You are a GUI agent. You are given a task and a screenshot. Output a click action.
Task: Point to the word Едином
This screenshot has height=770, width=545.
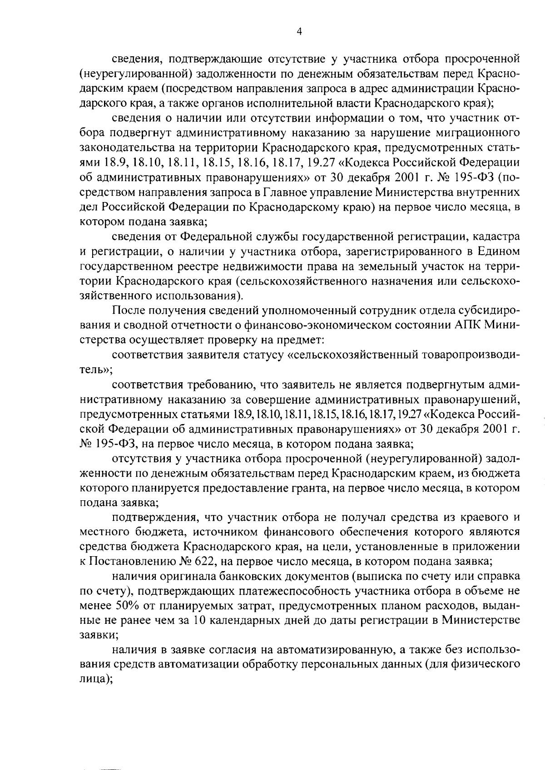[500, 252]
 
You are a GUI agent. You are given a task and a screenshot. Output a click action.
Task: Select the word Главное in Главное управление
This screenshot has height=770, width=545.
[281, 192]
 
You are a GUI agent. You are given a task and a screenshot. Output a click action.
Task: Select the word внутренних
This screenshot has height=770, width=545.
[492, 192]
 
